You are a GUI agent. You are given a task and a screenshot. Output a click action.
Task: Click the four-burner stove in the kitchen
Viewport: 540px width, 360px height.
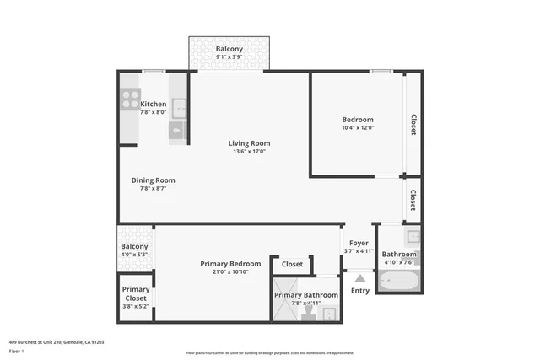coord(130,100)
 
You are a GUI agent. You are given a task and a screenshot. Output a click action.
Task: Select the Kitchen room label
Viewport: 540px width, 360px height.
coord(153,104)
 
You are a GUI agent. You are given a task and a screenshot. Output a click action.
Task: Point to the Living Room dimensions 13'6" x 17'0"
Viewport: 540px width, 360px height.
coord(249,152)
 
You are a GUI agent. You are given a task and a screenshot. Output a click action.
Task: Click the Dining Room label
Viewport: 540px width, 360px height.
coord(153,180)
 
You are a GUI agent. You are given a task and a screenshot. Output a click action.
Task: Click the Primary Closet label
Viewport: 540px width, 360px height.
coord(135,293)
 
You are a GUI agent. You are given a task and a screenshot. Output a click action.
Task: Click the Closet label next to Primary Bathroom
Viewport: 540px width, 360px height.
coord(292,264)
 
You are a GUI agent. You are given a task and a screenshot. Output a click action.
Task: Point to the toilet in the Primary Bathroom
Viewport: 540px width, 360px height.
coord(307,314)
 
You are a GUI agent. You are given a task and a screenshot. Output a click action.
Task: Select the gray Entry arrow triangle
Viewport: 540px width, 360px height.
coord(359,277)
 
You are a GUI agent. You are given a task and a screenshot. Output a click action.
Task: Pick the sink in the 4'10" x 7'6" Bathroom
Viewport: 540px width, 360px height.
coord(413,237)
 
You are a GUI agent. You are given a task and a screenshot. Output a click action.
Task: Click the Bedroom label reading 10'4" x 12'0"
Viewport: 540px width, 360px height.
coord(357,123)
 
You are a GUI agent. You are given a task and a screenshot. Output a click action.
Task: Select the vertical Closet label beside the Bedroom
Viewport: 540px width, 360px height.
coord(413,124)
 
